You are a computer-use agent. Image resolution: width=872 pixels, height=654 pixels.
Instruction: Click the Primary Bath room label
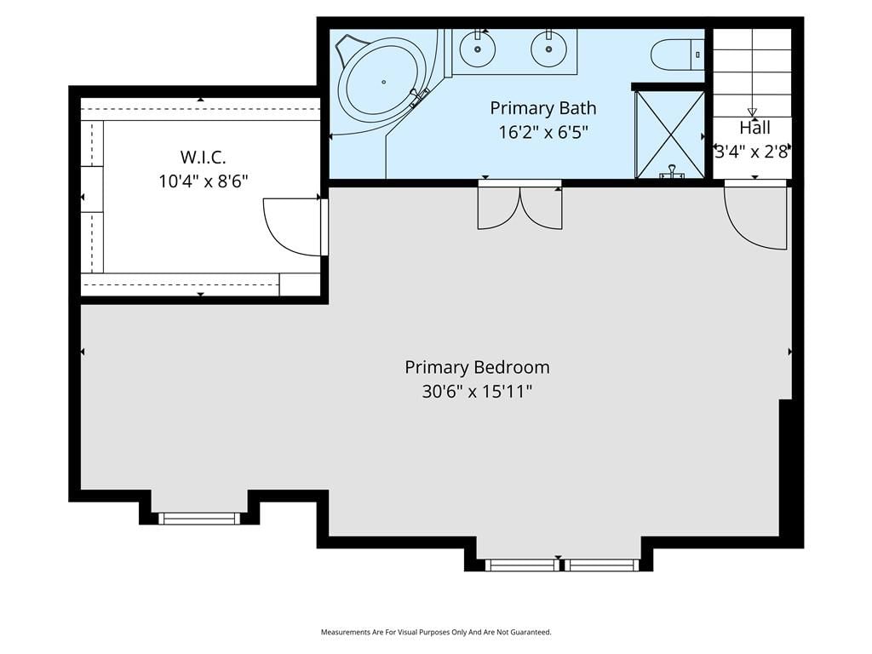pyautogui.click(x=542, y=108)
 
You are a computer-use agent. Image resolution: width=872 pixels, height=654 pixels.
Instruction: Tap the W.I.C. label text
pyautogui.click(x=203, y=158)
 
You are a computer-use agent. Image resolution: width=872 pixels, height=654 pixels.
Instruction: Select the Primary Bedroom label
pyautogui.click(x=477, y=368)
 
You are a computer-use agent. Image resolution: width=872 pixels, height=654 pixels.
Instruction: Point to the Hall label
pyautogui.click(x=754, y=128)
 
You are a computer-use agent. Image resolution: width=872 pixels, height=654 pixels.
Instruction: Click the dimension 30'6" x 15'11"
pyautogui.click(x=477, y=392)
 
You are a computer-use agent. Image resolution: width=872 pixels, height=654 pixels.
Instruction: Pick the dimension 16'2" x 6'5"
pyautogui.click(x=542, y=132)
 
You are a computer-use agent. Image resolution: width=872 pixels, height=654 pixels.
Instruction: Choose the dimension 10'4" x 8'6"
pyautogui.click(x=203, y=181)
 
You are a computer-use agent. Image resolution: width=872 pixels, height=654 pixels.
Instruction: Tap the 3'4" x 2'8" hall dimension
pyautogui.click(x=752, y=152)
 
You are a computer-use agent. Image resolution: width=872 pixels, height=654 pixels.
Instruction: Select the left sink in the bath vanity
pyautogui.click(x=478, y=49)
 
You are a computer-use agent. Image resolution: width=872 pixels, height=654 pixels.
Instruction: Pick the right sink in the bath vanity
pyautogui.click(x=549, y=49)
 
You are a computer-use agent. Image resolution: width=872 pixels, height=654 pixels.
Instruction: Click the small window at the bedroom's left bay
pyautogui.click(x=199, y=519)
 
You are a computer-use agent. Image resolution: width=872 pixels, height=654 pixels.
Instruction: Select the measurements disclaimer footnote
pyautogui.click(x=436, y=633)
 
